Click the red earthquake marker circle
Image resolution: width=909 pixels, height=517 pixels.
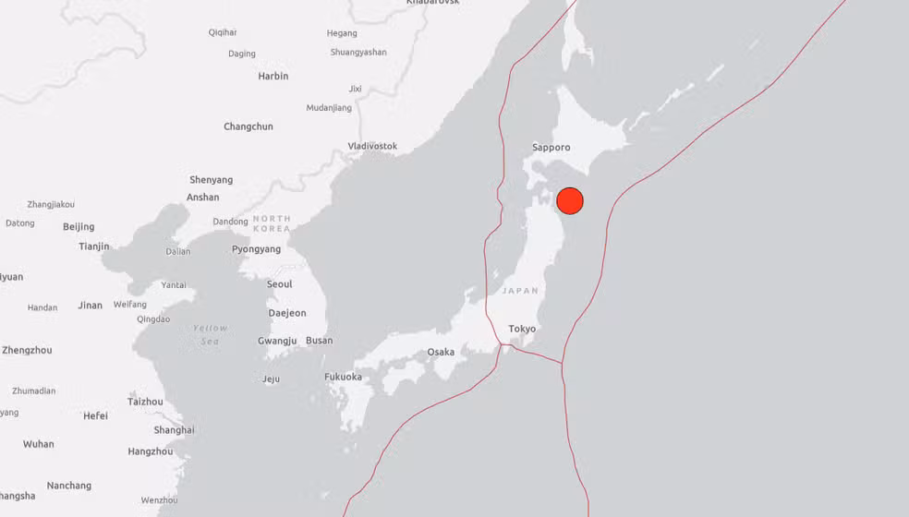570,200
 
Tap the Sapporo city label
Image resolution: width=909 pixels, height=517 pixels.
551,148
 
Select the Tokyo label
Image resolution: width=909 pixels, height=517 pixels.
522,329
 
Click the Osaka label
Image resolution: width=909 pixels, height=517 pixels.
441,352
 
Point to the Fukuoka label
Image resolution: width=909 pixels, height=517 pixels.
343,377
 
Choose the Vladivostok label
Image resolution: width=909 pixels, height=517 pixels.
372,146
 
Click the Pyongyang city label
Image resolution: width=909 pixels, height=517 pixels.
256,249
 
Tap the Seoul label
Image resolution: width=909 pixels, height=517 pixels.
279,284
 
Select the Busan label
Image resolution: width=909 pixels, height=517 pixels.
319,341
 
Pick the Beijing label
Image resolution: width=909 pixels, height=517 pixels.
79,227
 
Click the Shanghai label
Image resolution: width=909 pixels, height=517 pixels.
174,430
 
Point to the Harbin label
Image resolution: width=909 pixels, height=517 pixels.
273,76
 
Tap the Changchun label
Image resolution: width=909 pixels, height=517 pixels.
248,126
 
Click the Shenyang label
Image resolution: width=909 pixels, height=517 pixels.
211,180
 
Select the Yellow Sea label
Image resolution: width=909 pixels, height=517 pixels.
210,334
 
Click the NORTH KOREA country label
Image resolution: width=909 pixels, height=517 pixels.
272,223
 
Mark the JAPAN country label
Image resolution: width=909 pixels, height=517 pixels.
520,291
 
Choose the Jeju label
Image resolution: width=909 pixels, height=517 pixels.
271,379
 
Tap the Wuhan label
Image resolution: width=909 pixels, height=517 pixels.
38,444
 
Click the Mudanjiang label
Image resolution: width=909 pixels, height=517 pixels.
329,108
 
